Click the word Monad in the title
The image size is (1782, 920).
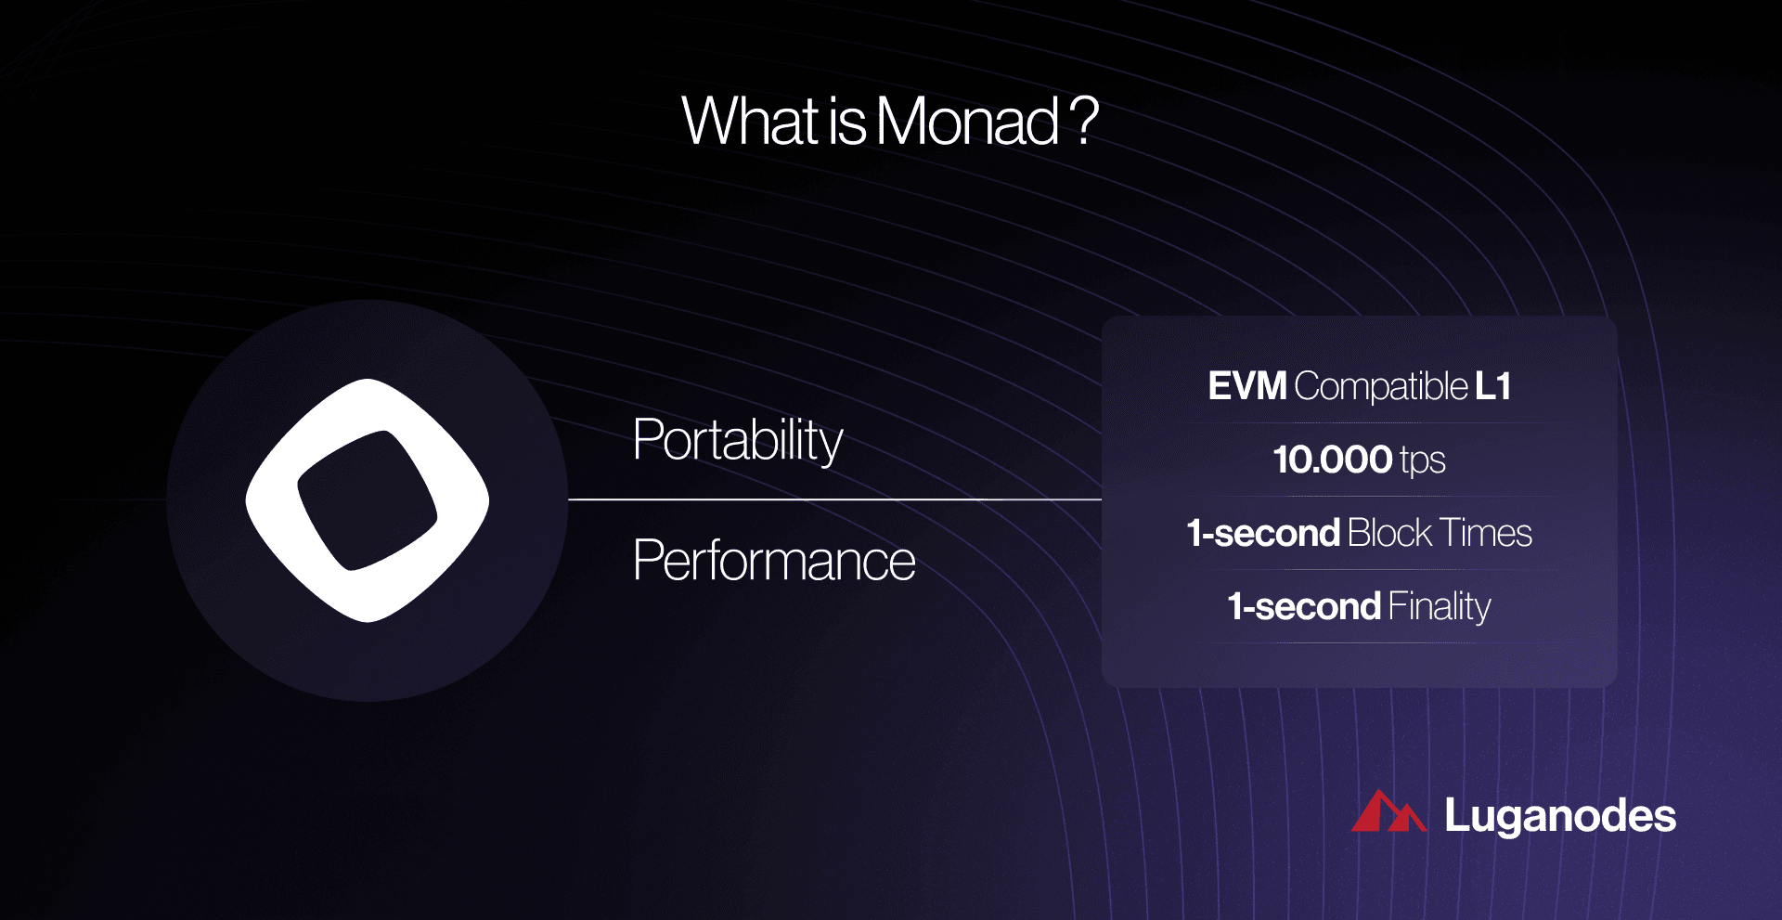click(x=966, y=122)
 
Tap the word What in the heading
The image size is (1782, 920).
click(x=750, y=122)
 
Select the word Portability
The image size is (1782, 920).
click(x=737, y=440)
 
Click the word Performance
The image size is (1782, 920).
click(x=773, y=561)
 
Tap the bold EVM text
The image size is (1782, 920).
click(x=1246, y=386)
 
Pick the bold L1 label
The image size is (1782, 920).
click(x=1492, y=386)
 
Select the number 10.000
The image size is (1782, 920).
click(x=1332, y=460)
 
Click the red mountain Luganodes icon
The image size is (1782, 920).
click(x=1387, y=813)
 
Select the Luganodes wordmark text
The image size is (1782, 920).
click(x=1559, y=816)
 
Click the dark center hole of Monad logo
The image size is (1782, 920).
click(x=367, y=500)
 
